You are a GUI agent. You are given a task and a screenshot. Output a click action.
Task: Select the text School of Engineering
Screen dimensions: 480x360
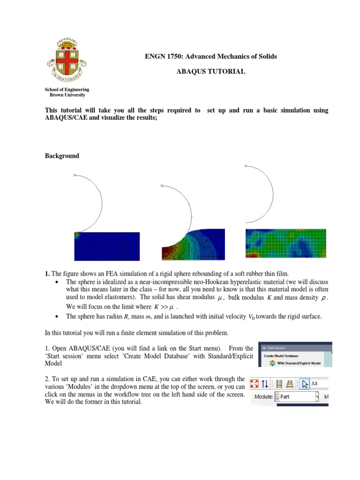click(x=67, y=89)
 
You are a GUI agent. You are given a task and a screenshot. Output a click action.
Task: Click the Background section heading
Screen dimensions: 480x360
click(x=62, y=156)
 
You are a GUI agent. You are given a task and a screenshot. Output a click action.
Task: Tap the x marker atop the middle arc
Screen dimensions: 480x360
click(x=162, y=187)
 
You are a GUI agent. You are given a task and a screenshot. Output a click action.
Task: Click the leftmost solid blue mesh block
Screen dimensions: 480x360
click(x=107, y=246)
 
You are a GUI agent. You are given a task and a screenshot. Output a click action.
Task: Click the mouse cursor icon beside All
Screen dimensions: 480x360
click(x=305, y=384)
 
